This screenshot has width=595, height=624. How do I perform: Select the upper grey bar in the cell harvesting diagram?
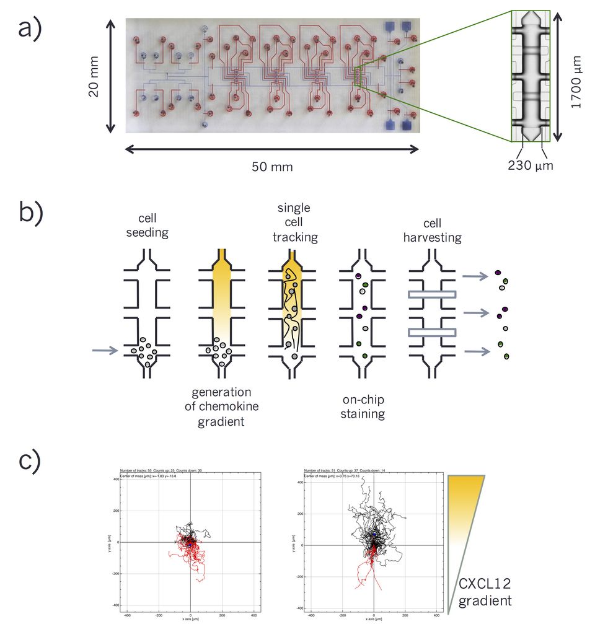tap(432, 295)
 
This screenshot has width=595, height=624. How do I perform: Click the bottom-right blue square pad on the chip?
tap(407, 125)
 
